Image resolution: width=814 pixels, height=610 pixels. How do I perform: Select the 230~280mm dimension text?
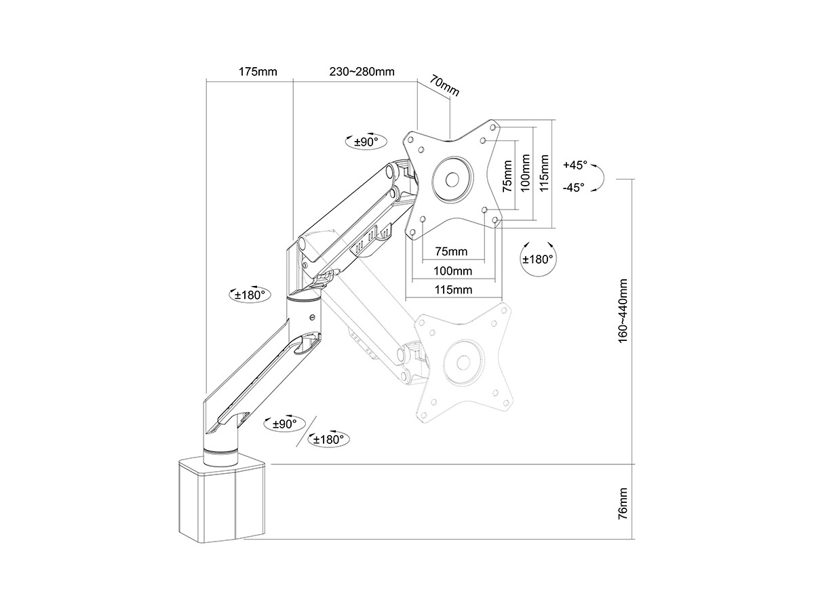point(362,71)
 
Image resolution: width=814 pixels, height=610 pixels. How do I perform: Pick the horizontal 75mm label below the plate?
point(451,251)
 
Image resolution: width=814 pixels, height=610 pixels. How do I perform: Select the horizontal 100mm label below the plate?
point(454,271)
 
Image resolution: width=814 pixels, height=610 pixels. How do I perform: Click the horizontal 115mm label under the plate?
point(454,290)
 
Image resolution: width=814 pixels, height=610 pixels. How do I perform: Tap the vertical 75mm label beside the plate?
point(507,176)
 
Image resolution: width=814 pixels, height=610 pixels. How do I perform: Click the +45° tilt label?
point(574,165)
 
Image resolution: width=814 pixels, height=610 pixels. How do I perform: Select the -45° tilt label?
point(573,188)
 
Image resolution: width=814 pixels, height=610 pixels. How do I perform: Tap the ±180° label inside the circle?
point(538,259)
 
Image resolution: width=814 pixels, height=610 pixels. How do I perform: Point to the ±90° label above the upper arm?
point(366,142)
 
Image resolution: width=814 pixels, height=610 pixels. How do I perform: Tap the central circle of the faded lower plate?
point(463,363)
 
